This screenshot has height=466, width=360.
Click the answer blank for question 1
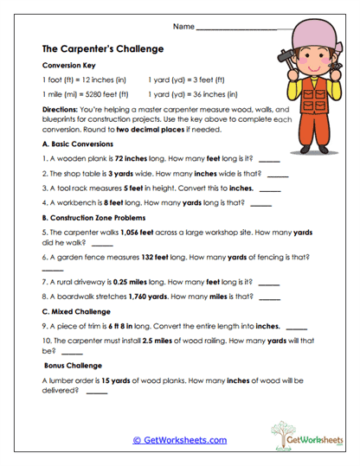pyautogui.click(x=269, y=161)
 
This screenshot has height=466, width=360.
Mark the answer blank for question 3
pyautogui.click(x=270, y=187)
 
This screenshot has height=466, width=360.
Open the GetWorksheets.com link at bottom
pyautogui.click(x=179, y=440)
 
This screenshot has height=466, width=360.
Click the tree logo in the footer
pyautogui.click(x=283, y=433)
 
